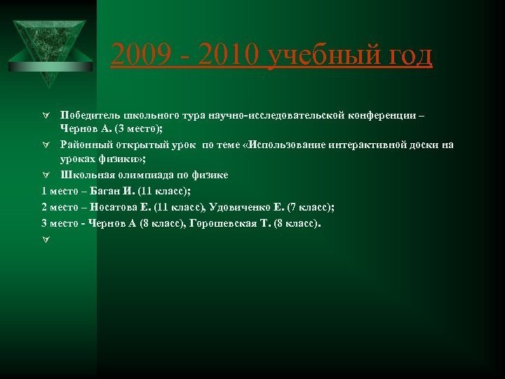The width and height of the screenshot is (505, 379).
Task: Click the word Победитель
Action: (x=90, y=115)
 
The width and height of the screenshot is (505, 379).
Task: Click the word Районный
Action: (x=86, y=145)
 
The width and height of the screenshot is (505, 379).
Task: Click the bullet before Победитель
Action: (x=45, y=115)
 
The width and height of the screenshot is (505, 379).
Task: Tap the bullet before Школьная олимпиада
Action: (x=45, y=175)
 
